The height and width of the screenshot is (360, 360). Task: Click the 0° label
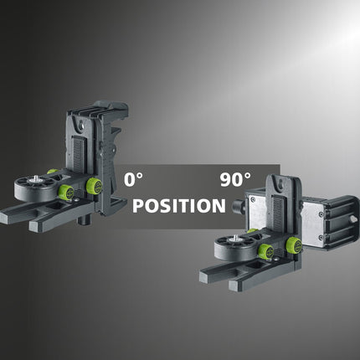pos(134,179)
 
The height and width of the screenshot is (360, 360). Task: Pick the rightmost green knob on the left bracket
pos(94,186)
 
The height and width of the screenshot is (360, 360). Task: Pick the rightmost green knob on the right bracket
pos(293,244)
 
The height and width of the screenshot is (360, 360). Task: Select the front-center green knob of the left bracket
pos(64,193)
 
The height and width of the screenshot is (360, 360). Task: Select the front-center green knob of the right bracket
pos(265,252)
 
